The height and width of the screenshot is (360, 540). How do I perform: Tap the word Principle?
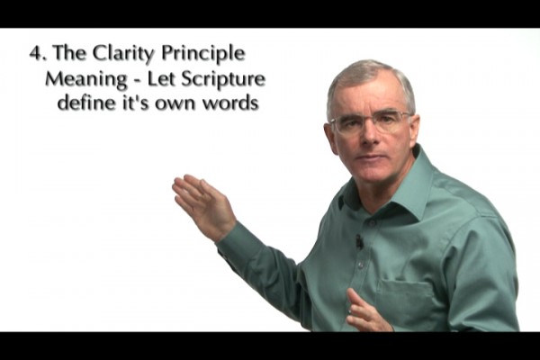pos(203,55)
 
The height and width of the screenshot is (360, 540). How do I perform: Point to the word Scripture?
pos(223,80)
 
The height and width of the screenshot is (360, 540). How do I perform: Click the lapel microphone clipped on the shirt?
pos(359,241)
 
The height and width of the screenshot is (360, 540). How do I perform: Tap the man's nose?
pos(370,137)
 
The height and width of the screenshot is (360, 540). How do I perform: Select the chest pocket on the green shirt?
pos(407,299)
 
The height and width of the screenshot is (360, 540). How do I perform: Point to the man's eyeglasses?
pos(370,121)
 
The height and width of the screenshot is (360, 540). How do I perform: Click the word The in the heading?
pos(68,53)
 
